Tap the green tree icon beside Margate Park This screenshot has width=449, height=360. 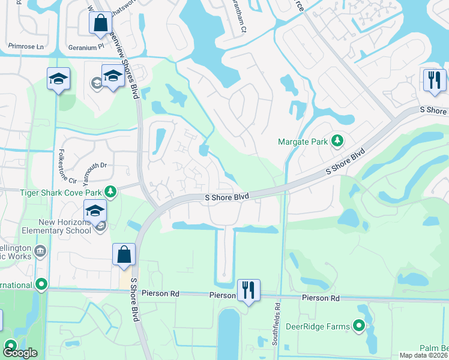[337, 141]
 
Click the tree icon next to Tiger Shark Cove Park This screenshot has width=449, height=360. [110, 191]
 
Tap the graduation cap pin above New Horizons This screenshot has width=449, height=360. [95, 211]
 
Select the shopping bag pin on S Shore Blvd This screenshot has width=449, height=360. [124, 254]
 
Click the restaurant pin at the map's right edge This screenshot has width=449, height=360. [434, 80]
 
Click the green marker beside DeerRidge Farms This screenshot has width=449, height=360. [360, 326]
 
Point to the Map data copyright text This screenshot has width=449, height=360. [423, 355]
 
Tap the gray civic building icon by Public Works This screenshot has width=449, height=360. [40, 250]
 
